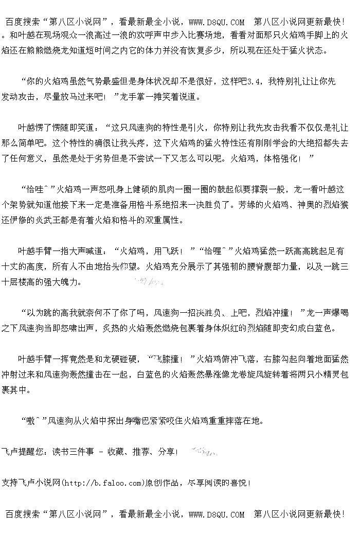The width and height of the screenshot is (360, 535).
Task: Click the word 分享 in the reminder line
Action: point(166,452)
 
